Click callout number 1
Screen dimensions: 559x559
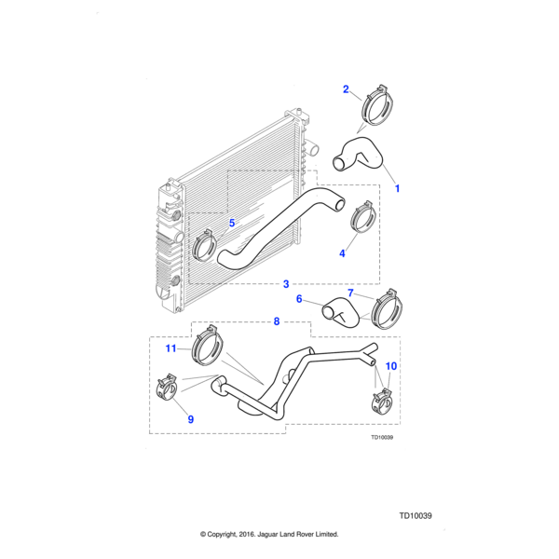(x=399, y=188)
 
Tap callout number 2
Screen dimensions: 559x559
(x=346, y=89)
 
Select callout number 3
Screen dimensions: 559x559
(x=286, y=283)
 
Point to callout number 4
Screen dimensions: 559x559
(x=343, y=252)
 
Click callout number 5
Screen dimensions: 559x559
(x=232, y=223)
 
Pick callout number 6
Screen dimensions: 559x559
(x=299, y=299)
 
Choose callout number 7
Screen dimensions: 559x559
(x=350, y=293)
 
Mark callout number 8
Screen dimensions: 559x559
(x=276, y=322)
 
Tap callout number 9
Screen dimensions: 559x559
(x=190, y=419)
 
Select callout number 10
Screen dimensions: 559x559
(x=390, y=366)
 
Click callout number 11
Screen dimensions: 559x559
(x=171, y=348)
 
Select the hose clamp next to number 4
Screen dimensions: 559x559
(x=362, y=221)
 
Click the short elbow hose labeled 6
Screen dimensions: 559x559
(x=336, y=312)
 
